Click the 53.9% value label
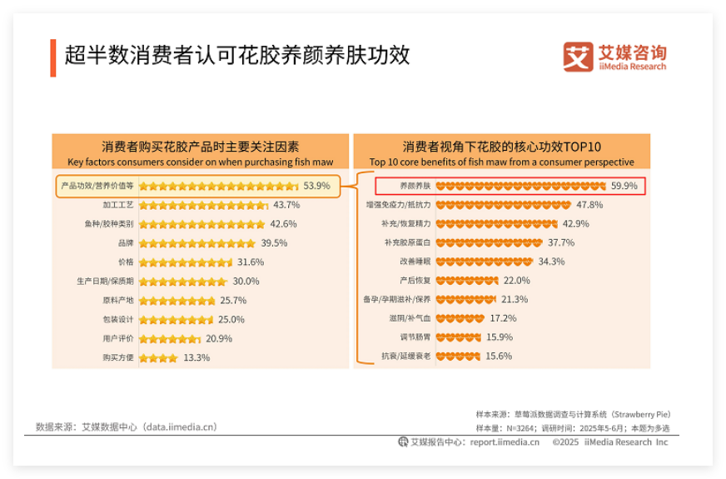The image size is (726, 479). pos(316,186)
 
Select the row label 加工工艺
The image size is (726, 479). pos(118,205)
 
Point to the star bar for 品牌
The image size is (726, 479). pos(197,243)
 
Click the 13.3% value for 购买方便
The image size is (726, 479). pos(196,358)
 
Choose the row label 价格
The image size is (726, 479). pos(126,262)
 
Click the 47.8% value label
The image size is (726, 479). pos(589,205)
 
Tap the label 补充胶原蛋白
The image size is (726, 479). pos(407,242)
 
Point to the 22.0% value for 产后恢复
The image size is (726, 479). pos(516,281)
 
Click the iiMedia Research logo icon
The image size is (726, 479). pos(578,57)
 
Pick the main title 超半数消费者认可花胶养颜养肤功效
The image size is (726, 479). pos(237,56)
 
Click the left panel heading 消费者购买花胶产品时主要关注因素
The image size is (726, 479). pos(200,146)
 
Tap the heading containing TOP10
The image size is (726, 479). pos(501,146)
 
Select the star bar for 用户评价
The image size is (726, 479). pos(170,339)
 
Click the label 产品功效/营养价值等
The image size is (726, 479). pos(98,186)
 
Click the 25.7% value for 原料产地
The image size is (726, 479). pos(233,301)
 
